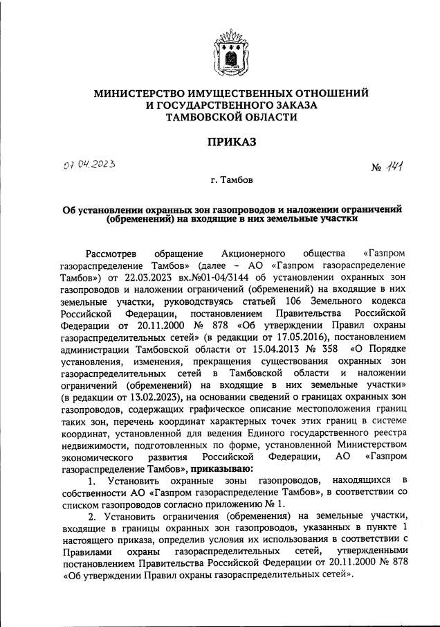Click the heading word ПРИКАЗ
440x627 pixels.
[220, 142]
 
